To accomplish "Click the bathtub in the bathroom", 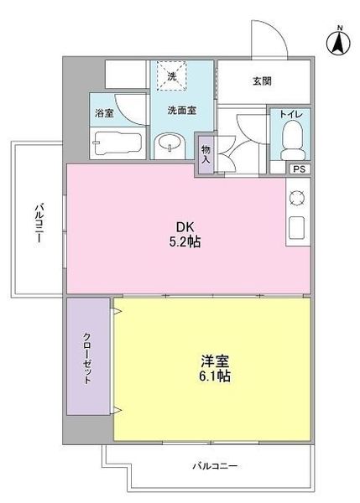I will pos(114,143).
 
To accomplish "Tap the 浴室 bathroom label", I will pos(105,111).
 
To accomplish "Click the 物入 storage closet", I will pos(206,155).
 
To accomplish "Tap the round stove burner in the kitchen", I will pos(297,199).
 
